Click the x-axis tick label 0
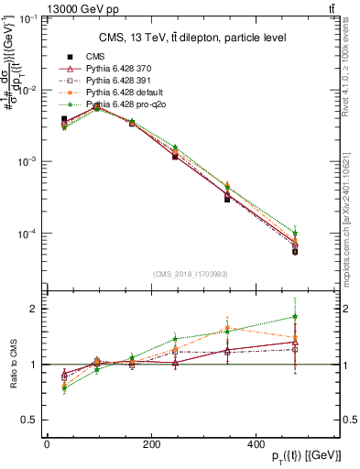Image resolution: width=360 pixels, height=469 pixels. coord(47,443)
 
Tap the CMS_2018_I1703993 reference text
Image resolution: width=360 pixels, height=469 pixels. coord(191,273)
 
